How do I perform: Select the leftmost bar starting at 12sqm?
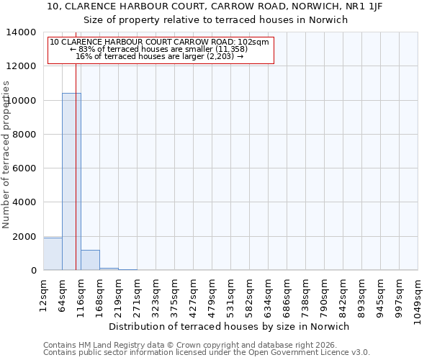tap(53, 254)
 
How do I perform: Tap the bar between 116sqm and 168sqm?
tap(90, 260)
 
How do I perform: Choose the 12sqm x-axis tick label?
tap(44, 294)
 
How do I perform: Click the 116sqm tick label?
tap(81, 294)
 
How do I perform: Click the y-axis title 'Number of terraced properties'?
tap(6, 154)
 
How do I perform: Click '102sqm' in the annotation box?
tap(253, 42)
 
